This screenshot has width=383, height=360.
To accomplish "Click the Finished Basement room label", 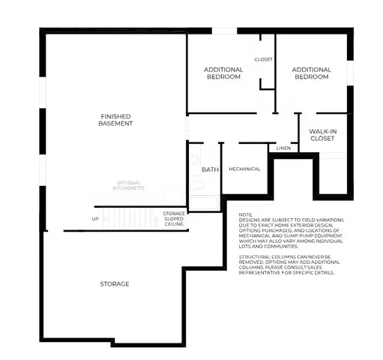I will click(116, 120).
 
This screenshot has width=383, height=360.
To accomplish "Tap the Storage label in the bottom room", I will click(115, 283).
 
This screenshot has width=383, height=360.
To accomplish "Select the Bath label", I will click(210, 169).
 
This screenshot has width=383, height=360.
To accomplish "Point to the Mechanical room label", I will click(244, 169).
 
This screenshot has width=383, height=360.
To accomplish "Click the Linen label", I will click(283, 148).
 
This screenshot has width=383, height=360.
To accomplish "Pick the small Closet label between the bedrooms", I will click(263, 58).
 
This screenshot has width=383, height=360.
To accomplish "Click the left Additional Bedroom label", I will click(223, 73).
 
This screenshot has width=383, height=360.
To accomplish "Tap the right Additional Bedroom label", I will click(311, 73).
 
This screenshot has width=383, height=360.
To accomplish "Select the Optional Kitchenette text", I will click(130, 184).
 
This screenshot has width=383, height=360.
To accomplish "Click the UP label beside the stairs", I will click(94, 219).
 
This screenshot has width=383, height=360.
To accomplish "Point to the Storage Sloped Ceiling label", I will click(174, 218).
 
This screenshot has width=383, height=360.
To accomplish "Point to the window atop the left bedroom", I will click(223, 31).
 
